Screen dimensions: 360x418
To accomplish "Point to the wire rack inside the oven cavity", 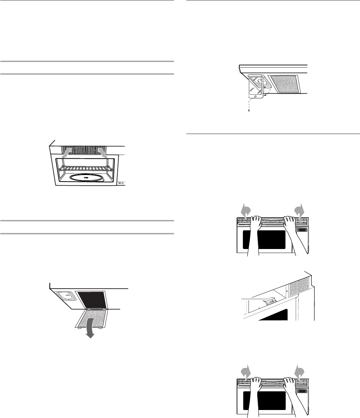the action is click(x=86, y=169).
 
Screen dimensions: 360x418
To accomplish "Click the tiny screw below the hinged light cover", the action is click(x=249, y=110).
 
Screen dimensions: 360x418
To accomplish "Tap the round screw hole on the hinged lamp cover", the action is click(x=255, y=97).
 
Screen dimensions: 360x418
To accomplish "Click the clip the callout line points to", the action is click(x=269, y=301).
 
